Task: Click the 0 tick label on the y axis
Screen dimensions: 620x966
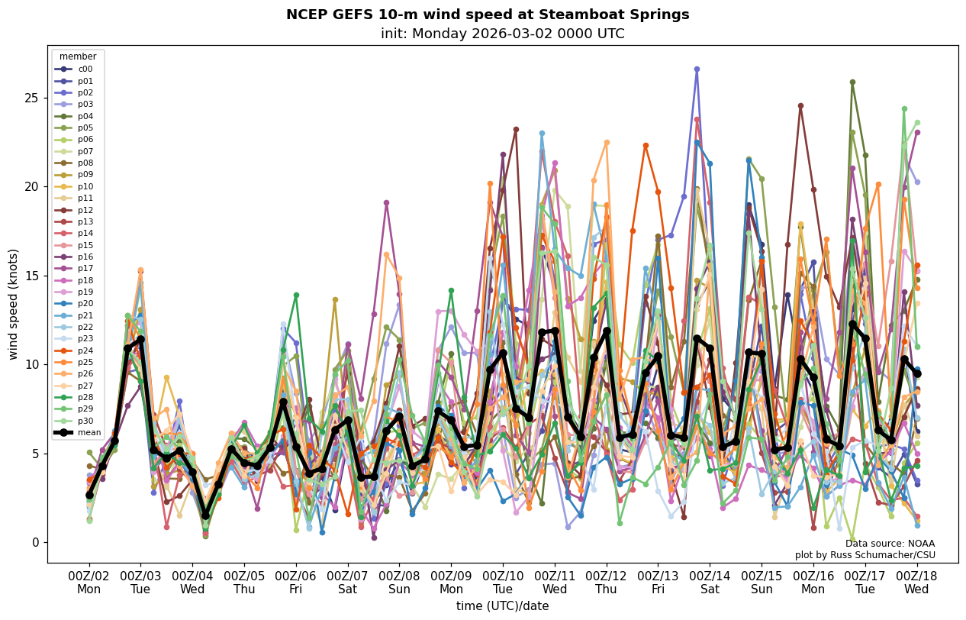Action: (35, 543)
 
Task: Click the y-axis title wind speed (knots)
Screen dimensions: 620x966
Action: (14, 304)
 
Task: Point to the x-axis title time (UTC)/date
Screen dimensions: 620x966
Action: (502, 606)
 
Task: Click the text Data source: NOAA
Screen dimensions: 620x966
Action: (890, 544)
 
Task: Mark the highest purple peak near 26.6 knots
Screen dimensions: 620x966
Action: (697, 69)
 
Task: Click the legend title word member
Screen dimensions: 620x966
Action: (78, 57)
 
